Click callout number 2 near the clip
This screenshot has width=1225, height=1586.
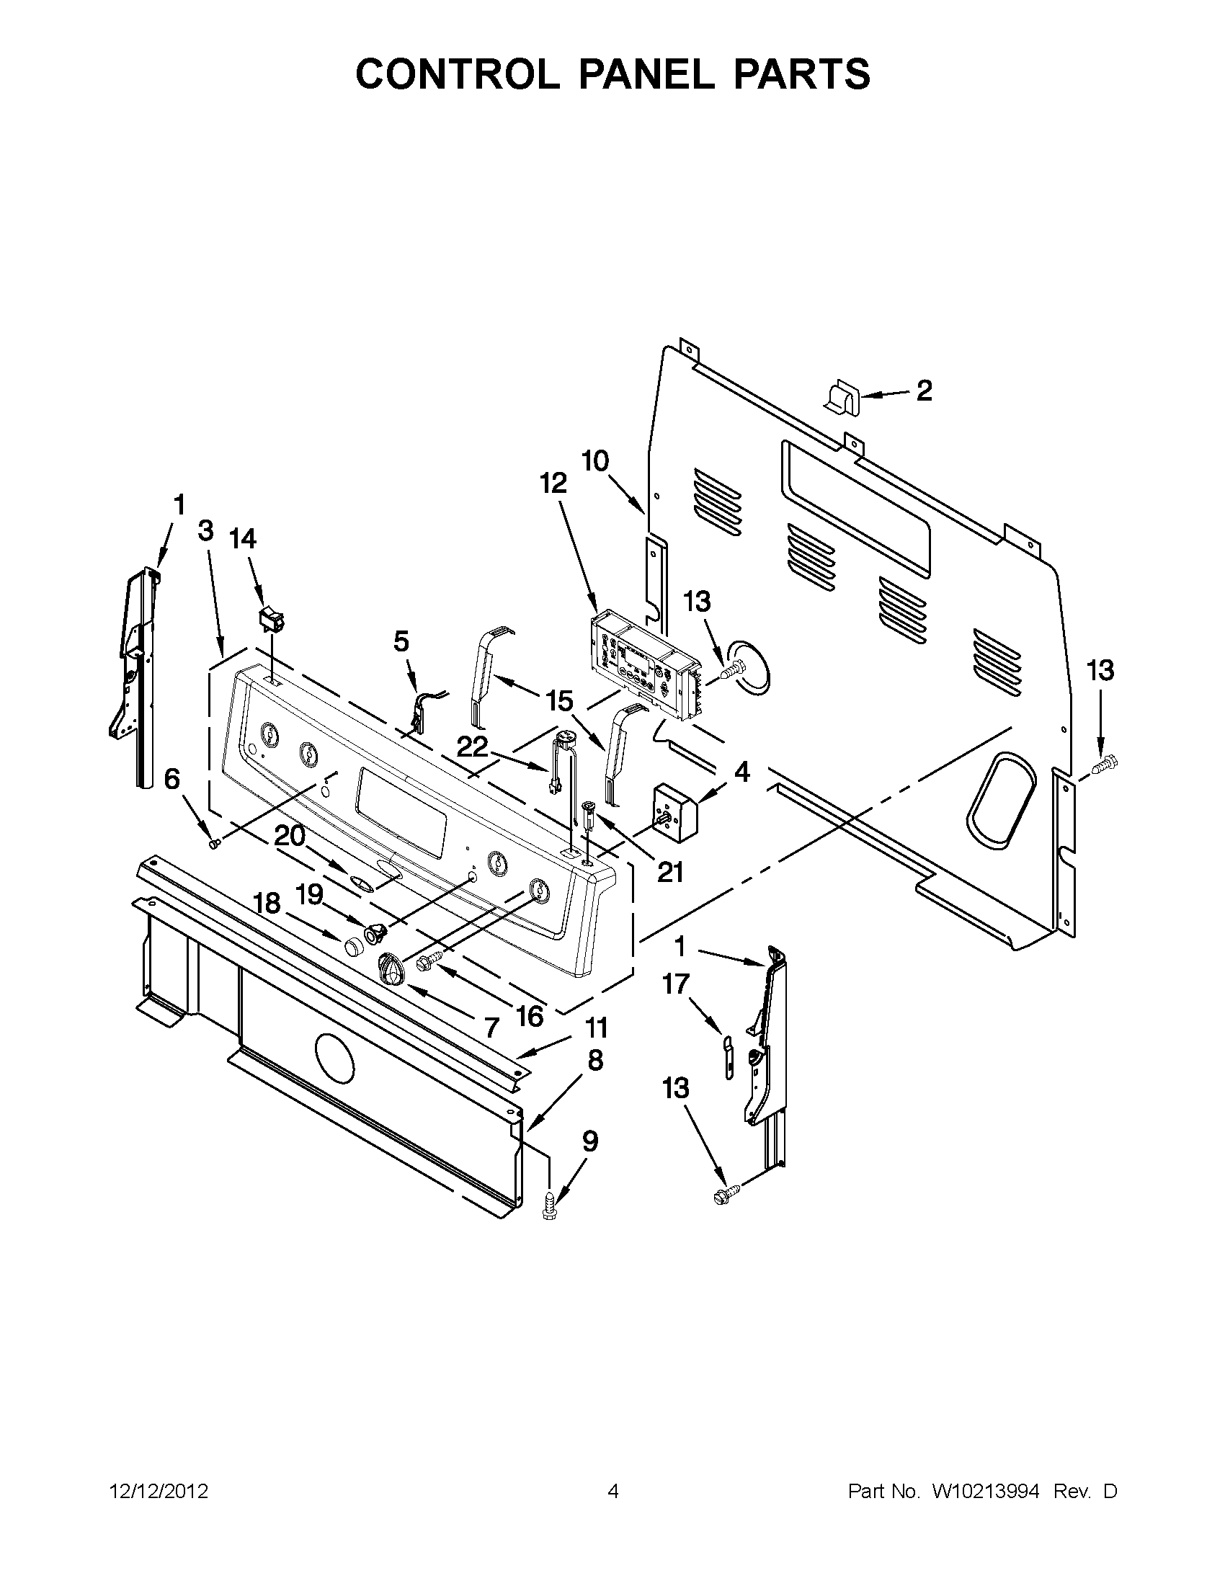(x=924, y=391)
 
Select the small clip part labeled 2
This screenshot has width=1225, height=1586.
(x=842, y=396)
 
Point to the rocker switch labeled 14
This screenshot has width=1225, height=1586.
(x=271, y=621)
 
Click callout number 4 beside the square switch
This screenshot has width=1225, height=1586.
(x=742, y=772)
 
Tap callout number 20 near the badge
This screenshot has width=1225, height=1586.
(x=290, y=837)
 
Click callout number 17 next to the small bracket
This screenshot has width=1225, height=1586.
(x=675, y=985)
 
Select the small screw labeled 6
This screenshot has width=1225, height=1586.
(x=214, y=844)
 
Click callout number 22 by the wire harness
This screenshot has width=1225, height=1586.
(x=472, y=747)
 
